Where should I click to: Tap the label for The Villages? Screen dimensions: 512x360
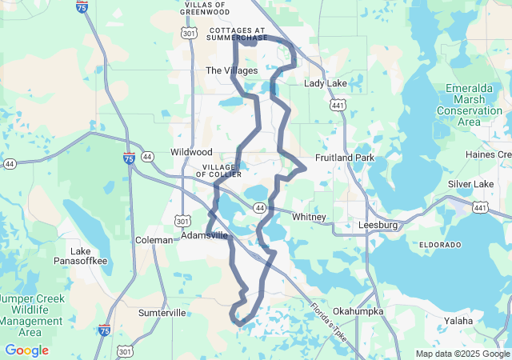point(232,70)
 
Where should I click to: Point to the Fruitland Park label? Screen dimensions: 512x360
point(345,158)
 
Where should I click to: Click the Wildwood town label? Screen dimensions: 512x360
point(191,151)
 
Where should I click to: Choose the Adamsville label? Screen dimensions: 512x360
point(205,236)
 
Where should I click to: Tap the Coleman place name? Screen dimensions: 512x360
point(154,239)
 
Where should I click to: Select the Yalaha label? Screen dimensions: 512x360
point(458,321)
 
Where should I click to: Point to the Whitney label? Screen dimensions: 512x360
point(309,217)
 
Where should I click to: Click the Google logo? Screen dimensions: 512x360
point(26,350)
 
